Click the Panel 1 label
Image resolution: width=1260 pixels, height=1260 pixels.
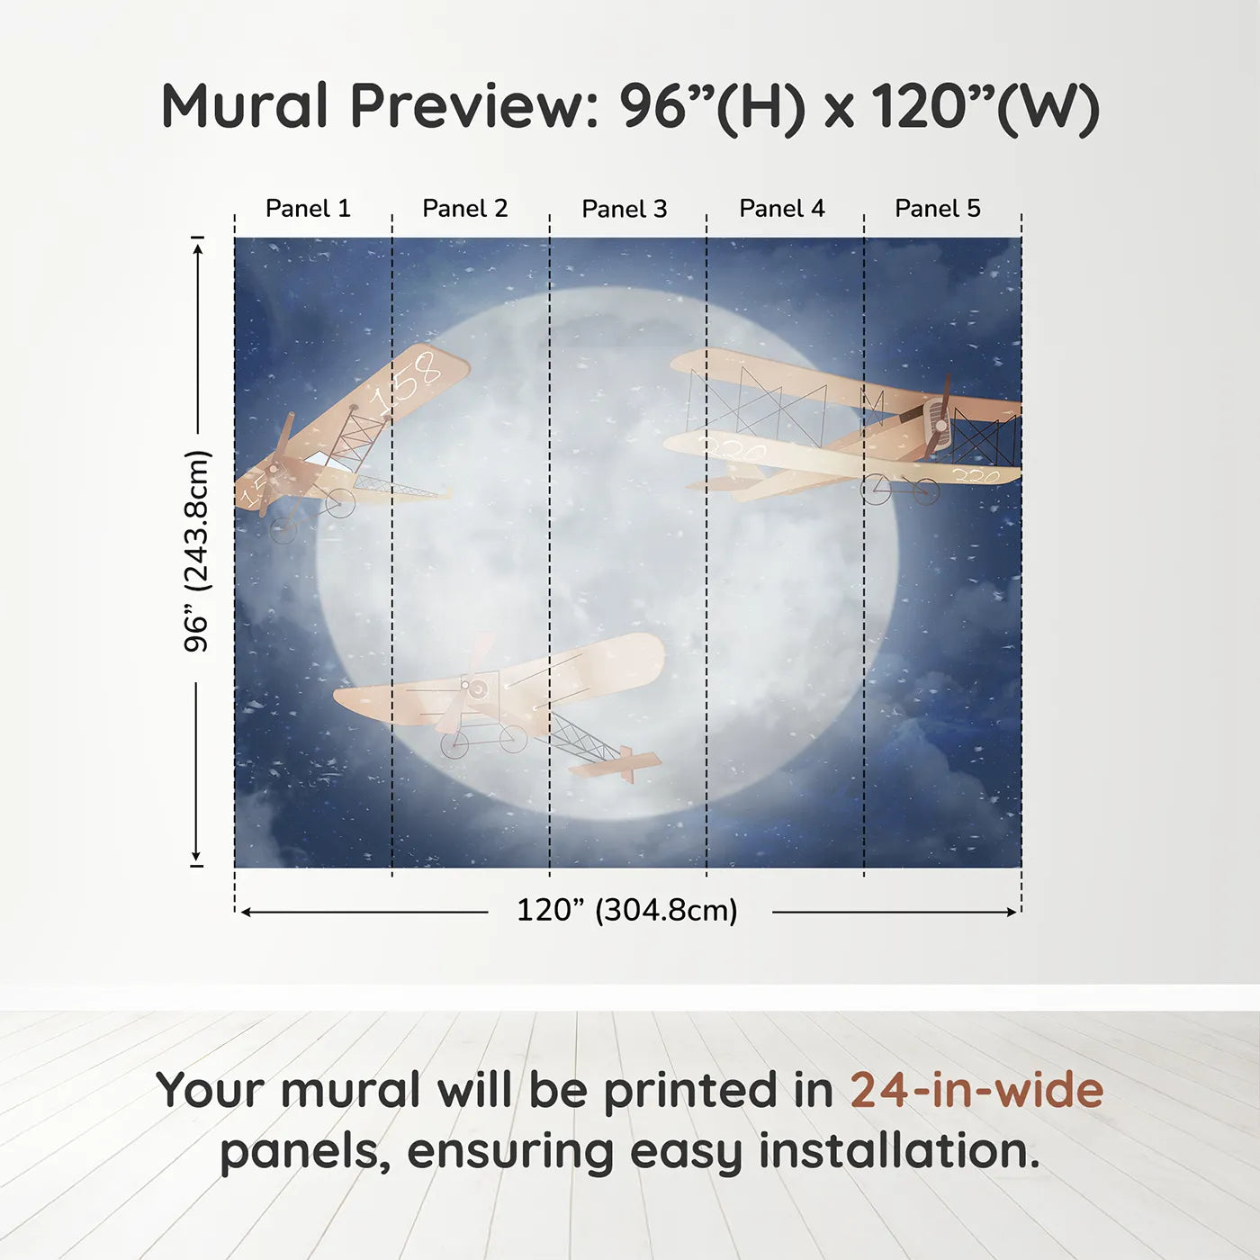click(x=308, y=209)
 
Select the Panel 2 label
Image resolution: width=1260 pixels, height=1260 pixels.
click(x=465, y=209)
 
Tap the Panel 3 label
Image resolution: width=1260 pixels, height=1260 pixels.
click(x=625, y=210)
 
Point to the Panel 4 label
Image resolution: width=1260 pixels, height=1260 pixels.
click(x=782, y=209)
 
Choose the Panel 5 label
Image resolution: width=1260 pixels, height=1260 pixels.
click(x=938, y=209)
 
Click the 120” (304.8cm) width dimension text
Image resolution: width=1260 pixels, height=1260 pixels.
click(x=627, y=911)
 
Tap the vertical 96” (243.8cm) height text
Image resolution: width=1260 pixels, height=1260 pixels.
click(x=196, y=551)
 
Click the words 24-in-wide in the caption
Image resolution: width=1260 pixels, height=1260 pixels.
click(x=976, y=1090)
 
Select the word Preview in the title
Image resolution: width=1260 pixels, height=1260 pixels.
click(x=469, y=106)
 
